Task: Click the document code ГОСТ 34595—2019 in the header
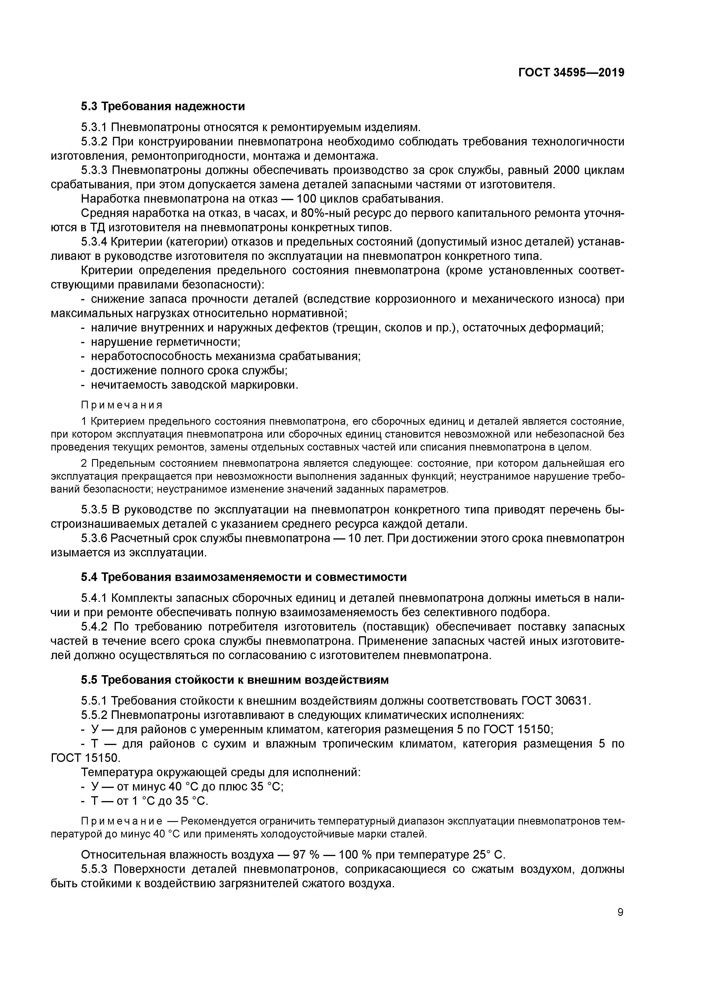tap(571, 73)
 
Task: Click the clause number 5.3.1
tap(94, 127)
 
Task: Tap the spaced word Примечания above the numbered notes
tap(122, 404)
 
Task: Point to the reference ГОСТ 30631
tap(556, 701)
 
